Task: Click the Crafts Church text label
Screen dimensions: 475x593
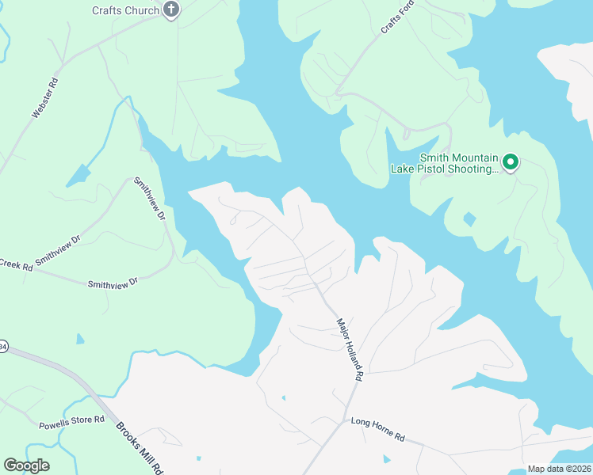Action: (125, 10)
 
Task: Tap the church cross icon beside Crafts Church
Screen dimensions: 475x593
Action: (170, 9)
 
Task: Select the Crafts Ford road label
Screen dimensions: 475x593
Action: (398, 17)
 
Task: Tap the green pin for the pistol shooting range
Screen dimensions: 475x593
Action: (511, 163)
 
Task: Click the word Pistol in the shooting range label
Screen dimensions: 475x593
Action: (437, 168)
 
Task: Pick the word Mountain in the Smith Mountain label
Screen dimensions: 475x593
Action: (474, 157)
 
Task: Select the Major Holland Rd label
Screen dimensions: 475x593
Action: (349, 351)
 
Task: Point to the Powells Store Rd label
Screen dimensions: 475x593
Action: (72, 424)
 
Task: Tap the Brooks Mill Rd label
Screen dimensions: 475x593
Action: (140, 446)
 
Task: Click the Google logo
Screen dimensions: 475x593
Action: (26, 465)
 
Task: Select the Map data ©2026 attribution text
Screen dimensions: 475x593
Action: (559, 469)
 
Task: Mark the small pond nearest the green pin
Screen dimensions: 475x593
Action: (469, 218)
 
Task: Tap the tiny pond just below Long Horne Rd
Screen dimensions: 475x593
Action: (386, 458)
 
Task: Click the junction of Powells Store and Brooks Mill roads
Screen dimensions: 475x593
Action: (106, 417)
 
